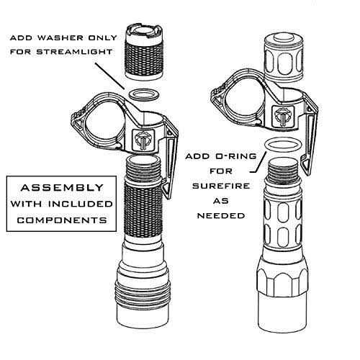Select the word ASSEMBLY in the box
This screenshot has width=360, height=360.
[x=62, y=187]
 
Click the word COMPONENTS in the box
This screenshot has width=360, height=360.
[x=62, y=220]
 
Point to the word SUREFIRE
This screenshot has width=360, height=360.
[x=221, y=186]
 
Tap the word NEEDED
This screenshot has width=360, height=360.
[x=221, y=215]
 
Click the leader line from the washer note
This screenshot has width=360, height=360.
[x=110, y=76]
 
